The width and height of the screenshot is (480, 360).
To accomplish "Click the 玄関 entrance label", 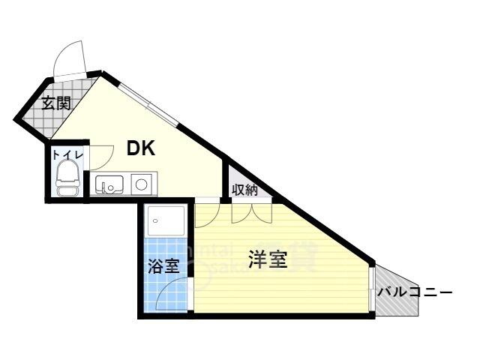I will point(55,103).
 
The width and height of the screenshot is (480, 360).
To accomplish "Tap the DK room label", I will point(140,148).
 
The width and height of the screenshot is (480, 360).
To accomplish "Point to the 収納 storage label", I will point(244,190).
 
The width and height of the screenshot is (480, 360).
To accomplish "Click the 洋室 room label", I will point(268,260).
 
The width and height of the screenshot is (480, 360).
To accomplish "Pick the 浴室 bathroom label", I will point(163,265).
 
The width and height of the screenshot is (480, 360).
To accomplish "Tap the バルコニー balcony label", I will point(414,291).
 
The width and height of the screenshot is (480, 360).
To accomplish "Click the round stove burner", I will point(141,184).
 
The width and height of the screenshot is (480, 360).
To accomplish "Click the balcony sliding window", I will point(371,289).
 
